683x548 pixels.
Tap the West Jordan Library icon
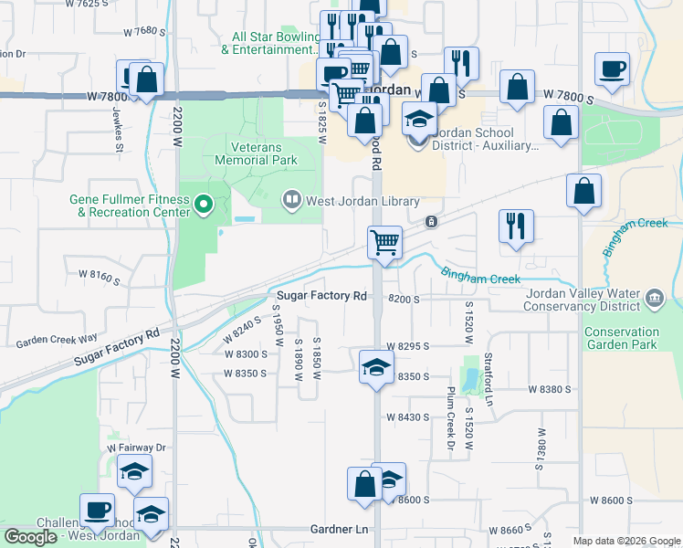(292, 197)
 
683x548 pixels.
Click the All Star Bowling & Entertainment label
(274, 43)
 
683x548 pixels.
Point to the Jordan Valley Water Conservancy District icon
(654, 298)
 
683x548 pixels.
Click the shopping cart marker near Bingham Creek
(384, 243)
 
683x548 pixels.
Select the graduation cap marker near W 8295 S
(376, 367)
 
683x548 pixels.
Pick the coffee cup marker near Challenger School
(97, 510)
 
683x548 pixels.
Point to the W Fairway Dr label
(136, 448)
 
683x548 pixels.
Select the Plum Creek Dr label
(450, 418)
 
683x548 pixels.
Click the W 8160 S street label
(100, 274)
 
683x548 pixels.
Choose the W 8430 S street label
(407, 417)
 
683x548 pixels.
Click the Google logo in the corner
(30, 537)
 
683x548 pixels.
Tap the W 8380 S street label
(549, 388)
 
